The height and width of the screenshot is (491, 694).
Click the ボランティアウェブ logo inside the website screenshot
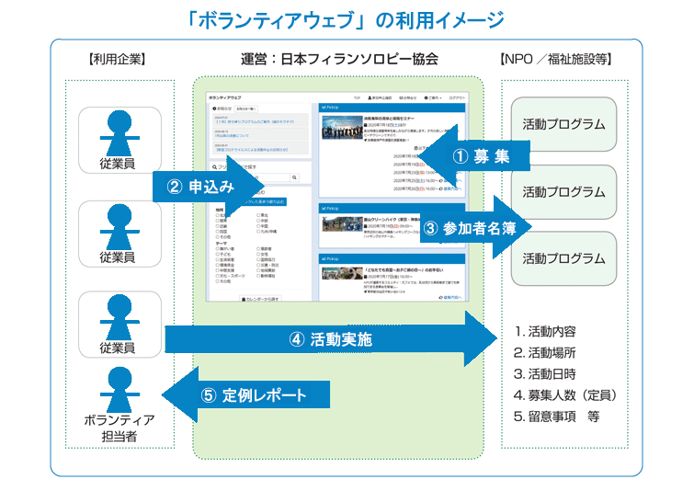226,97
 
